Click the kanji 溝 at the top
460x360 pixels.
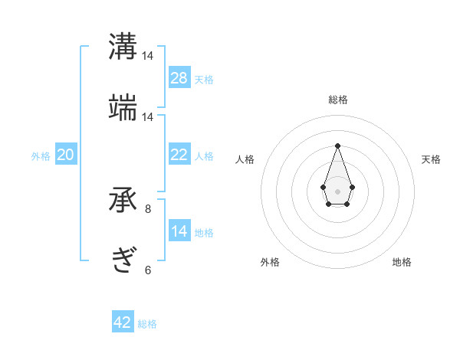point(123,46)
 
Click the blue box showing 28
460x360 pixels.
point(179,78)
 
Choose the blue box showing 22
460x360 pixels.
point(179,155)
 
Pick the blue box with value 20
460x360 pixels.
point(65,155)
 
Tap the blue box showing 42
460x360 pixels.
point(123,322)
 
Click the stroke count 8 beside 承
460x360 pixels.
point(148,208)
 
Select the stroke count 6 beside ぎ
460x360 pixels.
point(148,270)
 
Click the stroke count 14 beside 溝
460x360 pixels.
point(148,56)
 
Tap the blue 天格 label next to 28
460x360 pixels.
point(204,80)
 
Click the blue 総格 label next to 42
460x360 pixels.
point(147,324)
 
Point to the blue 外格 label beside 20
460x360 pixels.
point(41,156)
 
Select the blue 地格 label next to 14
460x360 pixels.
point(204,233)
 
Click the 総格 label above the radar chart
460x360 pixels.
point(337,100)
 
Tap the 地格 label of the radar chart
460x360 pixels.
point(402,262)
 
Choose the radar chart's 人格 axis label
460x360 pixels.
point(245,159)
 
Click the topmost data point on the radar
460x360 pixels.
point(337,145)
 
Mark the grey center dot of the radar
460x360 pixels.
point(337,190)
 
